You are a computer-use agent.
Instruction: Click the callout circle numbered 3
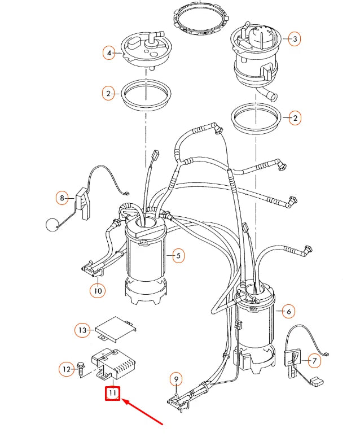tap(293, 39)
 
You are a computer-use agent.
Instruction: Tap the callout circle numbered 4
tap(108, 54)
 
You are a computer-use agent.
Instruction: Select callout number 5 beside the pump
tap(178, 256)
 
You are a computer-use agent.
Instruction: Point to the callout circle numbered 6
tap(288, 311)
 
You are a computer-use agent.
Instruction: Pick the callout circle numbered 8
tap(62, 198)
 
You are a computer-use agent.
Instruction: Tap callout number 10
tap(97, 291)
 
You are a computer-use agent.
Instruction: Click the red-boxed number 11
tap(113, 393)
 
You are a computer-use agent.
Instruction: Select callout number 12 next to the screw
tap(67, 369)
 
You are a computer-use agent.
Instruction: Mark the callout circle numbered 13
tap(82, 330)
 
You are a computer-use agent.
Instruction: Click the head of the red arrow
tap(124, 400)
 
